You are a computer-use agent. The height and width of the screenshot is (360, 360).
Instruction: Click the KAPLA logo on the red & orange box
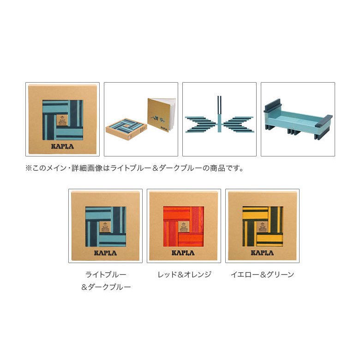pos(184,252)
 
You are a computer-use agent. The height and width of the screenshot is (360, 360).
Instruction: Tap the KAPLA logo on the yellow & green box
pos(262,252)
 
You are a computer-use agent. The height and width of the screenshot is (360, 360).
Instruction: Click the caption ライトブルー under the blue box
pos(106,274)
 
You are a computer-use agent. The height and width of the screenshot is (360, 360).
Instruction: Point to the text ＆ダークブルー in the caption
pos(106,287)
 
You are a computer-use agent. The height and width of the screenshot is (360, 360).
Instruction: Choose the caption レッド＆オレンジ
pos(184,274)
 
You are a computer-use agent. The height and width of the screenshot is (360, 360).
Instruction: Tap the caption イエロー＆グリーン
pos(262,274)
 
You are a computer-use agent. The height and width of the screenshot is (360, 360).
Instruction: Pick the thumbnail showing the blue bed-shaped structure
pos(298,119)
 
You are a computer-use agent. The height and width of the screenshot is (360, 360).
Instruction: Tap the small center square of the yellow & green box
pos(262,227)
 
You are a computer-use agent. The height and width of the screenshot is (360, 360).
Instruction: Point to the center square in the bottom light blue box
pos(106,227)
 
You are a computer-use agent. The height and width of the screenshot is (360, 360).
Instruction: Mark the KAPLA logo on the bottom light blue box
pos(106,252)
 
